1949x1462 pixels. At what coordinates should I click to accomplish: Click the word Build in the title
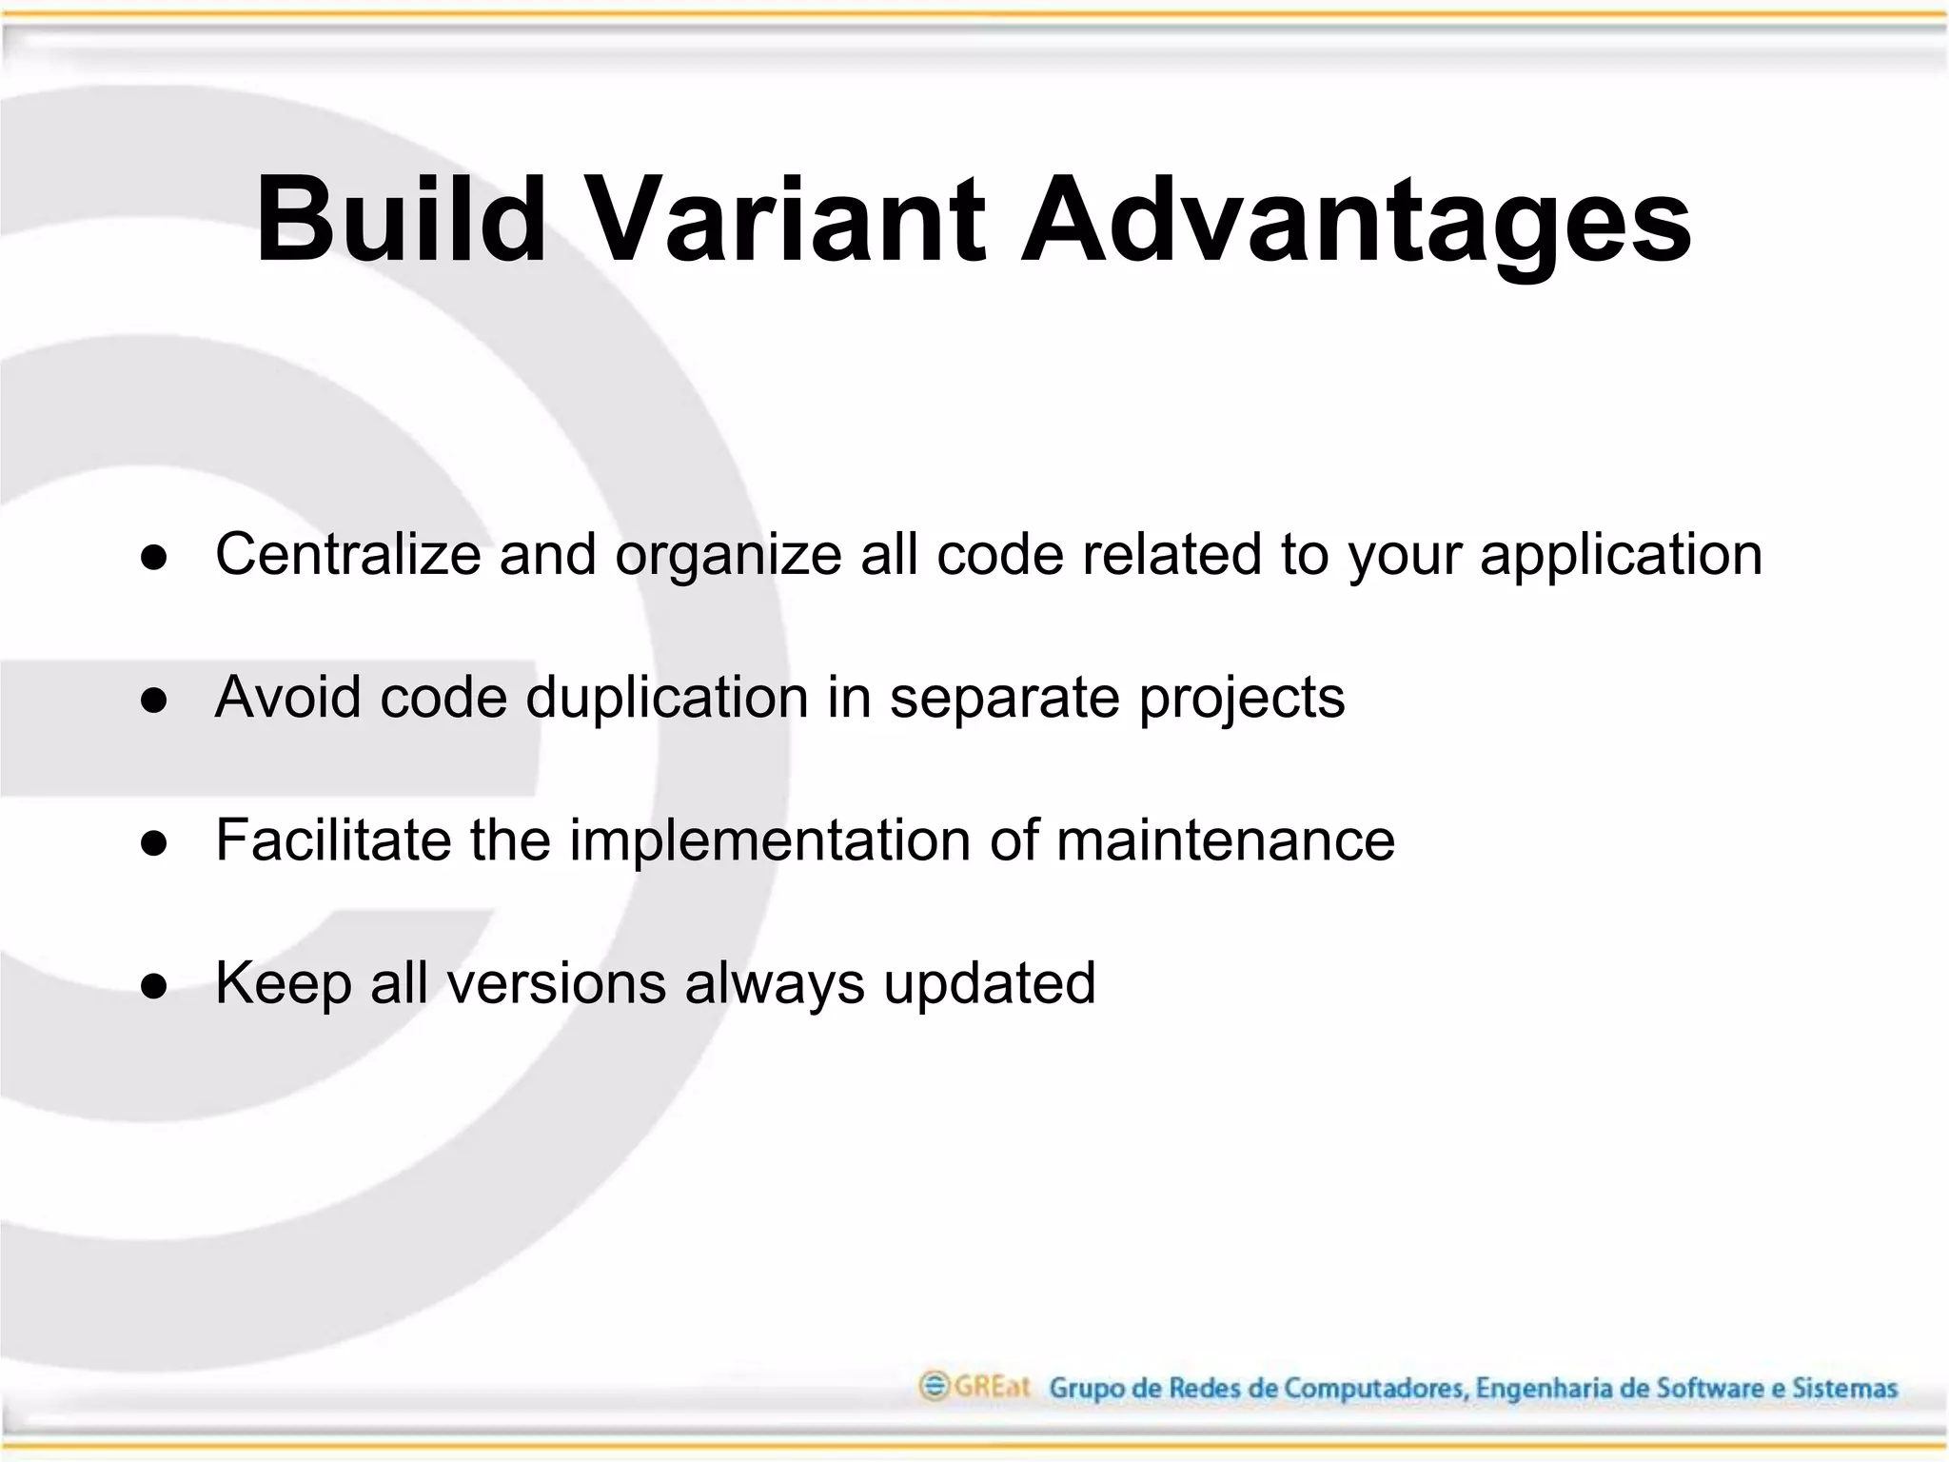click(x=401, y=221)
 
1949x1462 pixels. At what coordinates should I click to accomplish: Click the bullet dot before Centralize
click(x=153, y=558)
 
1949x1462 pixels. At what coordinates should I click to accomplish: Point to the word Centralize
click(x=348, y=554)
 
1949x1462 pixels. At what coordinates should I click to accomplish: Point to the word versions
click(x=557, y=983)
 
